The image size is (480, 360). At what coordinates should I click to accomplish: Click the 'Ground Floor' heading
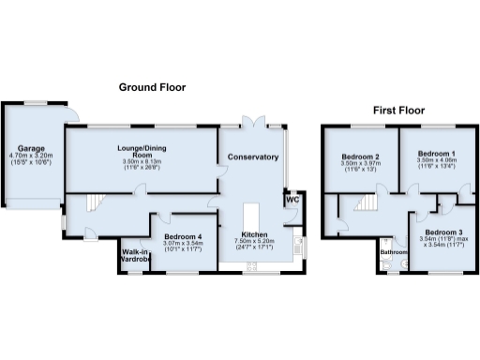click(151, 87)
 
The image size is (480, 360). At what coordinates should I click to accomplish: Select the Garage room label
click(30, 147)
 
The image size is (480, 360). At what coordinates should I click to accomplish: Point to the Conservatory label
click(254, 157)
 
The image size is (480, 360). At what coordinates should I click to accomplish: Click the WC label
click(292, 200)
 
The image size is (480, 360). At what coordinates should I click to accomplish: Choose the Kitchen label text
click(254, 233)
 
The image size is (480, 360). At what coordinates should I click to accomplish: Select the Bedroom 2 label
click(360, 157)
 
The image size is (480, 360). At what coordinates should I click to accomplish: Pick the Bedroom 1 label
click(436, 153)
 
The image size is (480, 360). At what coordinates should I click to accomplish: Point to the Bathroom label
click(392, 251)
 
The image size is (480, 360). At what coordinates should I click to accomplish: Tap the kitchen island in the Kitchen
click(253, 213)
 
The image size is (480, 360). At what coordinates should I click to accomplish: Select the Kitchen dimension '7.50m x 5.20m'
click(254, 241)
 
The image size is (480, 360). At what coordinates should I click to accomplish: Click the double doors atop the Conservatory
click(252, 123)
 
